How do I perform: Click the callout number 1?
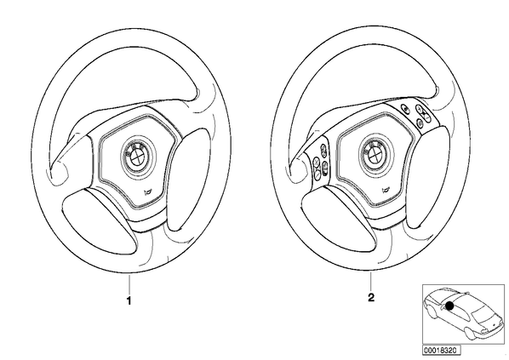[129, 301]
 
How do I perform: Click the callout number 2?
[371, 297]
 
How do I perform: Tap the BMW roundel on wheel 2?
[375, 152]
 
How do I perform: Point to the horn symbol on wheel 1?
[147, 191]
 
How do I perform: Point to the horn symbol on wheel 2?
[385, 190]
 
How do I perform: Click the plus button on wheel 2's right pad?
[420, 108]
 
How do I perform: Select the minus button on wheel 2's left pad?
[317, 175]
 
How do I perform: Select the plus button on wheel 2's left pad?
[317, 162]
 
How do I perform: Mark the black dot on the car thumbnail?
[449, 306]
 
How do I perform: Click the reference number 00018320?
[441, 351]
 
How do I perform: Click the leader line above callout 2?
[371, 282]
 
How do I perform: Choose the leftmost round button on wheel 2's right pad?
[405, 109]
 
